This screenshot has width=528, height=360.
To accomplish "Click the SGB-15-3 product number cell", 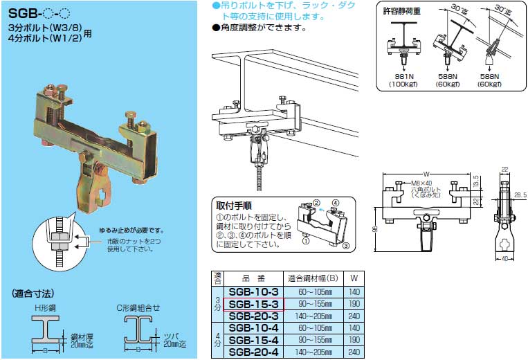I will pos(253,303).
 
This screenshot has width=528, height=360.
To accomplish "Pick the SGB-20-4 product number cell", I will pos(253,352).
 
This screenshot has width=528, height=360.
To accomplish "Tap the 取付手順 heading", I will pos(234,205).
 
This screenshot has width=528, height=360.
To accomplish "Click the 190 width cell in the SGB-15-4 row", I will pos(354,340).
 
